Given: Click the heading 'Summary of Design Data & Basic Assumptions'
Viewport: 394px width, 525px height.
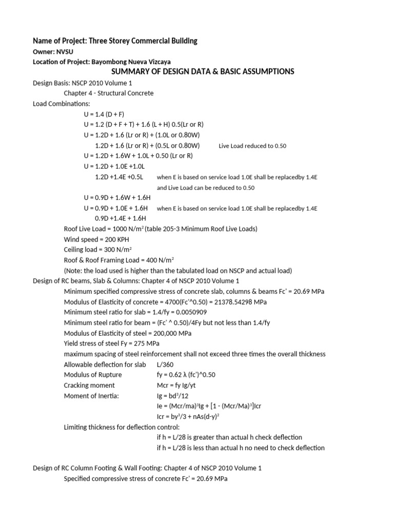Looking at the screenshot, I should coord(203,72).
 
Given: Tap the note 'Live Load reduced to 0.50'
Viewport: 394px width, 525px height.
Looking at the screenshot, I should coord(252,146).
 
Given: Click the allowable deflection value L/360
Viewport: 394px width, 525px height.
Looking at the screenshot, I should coord(166,365).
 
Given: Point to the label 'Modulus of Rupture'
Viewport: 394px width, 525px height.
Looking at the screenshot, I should coord(92,375).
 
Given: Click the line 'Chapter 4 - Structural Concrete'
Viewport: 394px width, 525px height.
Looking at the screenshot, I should coord(108,93).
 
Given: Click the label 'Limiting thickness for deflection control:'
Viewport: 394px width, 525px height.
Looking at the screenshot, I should coord(122,427).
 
